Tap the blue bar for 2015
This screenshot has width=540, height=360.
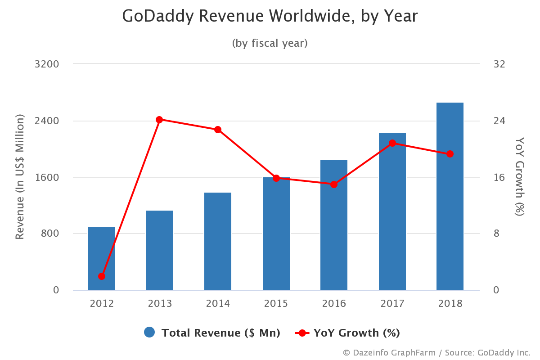click(x=276, y=234)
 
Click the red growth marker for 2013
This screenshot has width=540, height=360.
click(x=159, y=120)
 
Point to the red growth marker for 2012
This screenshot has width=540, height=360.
click(x=102, y=276)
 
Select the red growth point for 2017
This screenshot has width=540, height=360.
click(x=392, y=143)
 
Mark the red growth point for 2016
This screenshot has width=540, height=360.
click(x=334, y=184)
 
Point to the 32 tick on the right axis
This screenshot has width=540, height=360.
click(x=499, y=64)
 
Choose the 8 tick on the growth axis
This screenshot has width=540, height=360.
click(x=497, y=234)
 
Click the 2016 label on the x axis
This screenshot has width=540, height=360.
click(x=334, y=303)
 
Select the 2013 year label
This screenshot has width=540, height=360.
click(x=159, y=303)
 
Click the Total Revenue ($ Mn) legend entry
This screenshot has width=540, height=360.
click(x=211, y=333)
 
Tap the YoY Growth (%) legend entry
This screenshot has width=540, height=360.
click(x=347, y=333)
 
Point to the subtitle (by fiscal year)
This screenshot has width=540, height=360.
click(x=270, y=43)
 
